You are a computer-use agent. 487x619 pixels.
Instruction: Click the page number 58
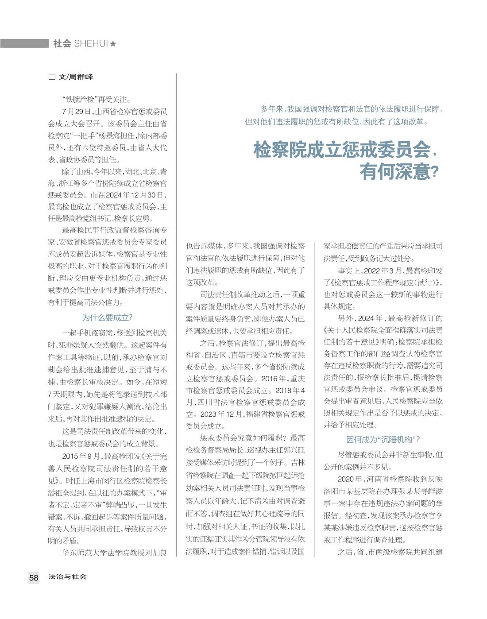34,577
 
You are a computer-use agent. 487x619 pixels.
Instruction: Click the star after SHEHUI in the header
113,44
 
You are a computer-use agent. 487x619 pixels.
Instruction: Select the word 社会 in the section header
62,44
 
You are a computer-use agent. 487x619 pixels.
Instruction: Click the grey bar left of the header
24,43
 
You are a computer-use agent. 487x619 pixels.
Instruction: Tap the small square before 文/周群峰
52,77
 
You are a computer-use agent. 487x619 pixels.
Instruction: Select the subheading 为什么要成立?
108,317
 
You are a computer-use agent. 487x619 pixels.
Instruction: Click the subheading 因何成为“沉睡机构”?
383,440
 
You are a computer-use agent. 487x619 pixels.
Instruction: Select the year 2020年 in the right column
350,479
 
